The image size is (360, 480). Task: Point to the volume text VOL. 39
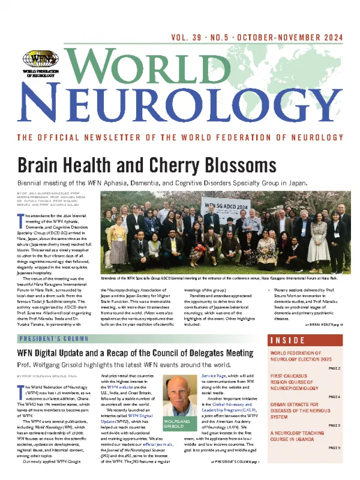click(193, 37)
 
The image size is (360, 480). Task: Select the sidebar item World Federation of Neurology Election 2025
click(305, 357)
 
